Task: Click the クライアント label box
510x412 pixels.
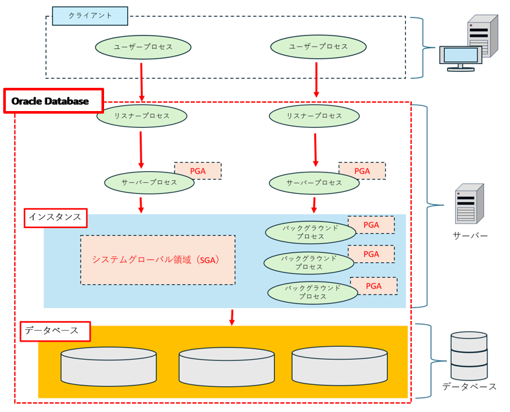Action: (x=90, y=16)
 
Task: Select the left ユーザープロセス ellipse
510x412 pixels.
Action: (x=143, y=47)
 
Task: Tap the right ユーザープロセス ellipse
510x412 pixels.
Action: (x=318, y=47)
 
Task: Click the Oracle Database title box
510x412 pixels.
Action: (x=54, y=101)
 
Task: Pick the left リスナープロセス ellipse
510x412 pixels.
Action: (x=142, y=116)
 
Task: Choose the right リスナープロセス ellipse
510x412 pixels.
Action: (x=314, y=116)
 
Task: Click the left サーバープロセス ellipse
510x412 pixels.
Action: (x=149, y=183)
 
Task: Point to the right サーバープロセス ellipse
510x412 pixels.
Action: (x=314, y=183)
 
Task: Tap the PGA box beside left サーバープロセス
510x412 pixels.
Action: (x=198, y=170)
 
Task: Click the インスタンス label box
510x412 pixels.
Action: (x=55, y=218)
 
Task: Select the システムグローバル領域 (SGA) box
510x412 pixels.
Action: (x=158, y=260)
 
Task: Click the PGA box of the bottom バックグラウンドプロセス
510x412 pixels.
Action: (x=374, y=286)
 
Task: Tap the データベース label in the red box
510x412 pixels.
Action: (x=55, y=331)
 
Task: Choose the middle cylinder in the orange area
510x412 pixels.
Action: (x=226, y=366)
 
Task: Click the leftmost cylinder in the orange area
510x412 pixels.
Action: (x=109, y=366)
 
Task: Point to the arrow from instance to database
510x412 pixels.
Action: (x=231, y=317)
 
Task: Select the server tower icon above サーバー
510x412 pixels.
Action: (x=469, y=204)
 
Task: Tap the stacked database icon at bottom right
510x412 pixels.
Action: (x=469, y=356)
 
